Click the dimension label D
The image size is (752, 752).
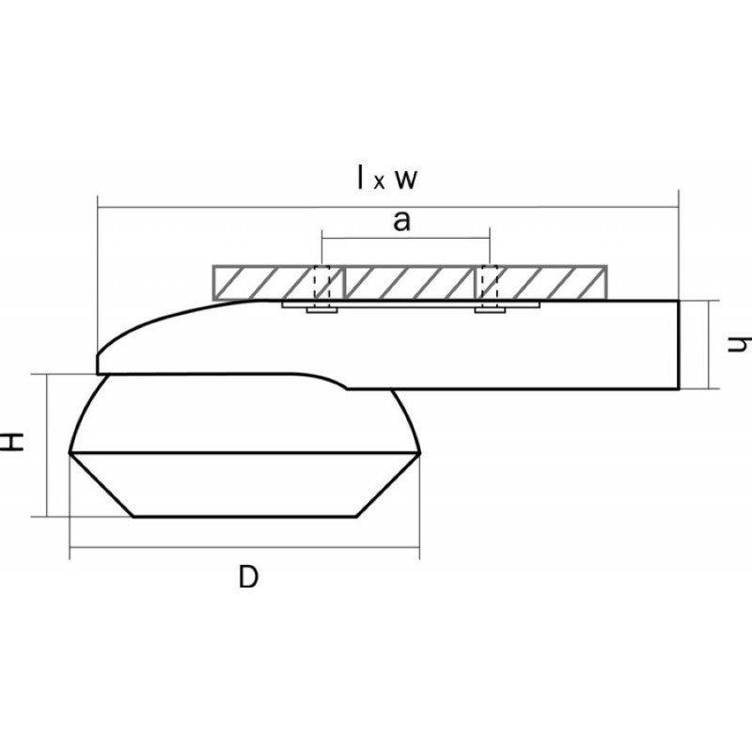pyautogui.click(x=248, y=576)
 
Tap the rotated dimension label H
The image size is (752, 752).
pyautogui.click(x=11, y=442)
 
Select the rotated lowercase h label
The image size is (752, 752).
pyautogui.click(x=739, y=343)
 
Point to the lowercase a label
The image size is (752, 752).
pyautogui.click(x=402, y=222)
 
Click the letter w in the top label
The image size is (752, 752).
pyautogui.click(x=406, y=180)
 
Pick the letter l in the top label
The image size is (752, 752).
pyautogui.click(x=361, y=177)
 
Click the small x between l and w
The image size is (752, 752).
pyautogui.click(x=379, y=182)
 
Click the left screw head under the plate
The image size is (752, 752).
pyautogui.click(x=322, y=310)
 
